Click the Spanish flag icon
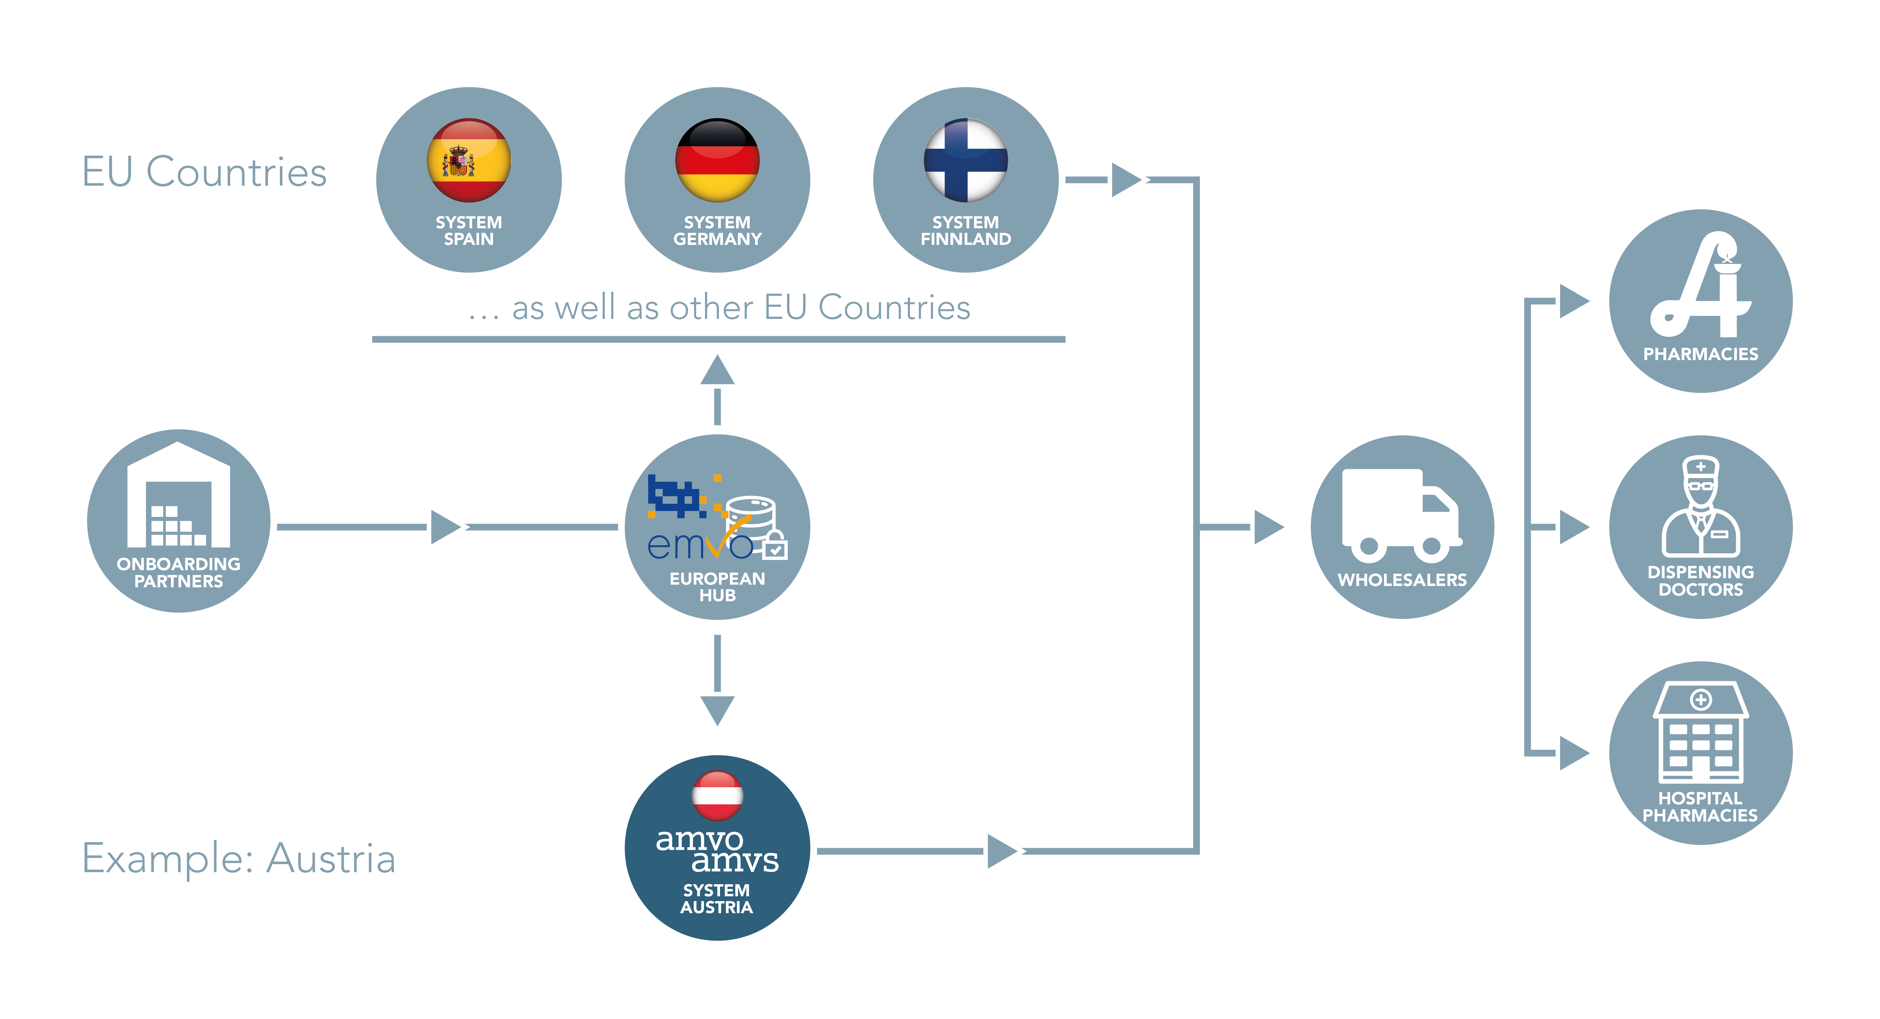pyautogui.click(x=469, y=160)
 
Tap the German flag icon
pyautogui.click(x=717, y=160)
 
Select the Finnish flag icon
pyautogui.click(x=965, y=160)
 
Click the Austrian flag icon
pyautogui.click(x=717, y=796)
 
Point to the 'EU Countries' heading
pyautogui.click(x=204, y=172)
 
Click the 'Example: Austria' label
pyautogui.click(x=239, y=859)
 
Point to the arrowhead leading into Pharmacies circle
pyautogui.click(x=1574, y=301)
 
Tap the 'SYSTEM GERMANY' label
pyautogui.click(x=717, y=231)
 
